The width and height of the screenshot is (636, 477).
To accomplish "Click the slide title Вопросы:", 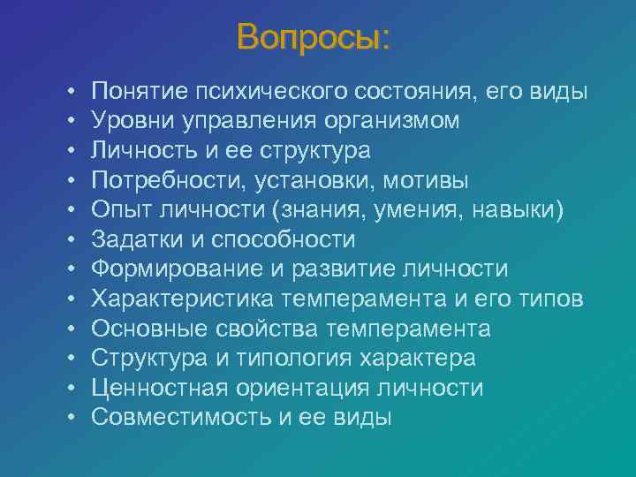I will tap(313, 37).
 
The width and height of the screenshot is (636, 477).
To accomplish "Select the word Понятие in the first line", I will tap(134, 91).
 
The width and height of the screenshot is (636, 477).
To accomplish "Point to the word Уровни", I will tap(130, 121).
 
